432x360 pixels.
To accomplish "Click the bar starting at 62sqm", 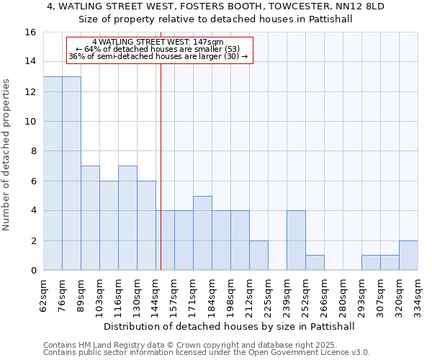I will [x=53, y=174].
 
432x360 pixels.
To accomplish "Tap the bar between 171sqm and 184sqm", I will [x=202, y=233].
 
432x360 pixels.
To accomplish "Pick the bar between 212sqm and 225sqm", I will [x=258, y=256].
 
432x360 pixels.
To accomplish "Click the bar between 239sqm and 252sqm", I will [x=296, y=240].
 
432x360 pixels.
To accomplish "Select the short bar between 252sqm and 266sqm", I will [x=315, y=263].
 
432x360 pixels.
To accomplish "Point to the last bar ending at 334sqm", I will [x=408, y=256].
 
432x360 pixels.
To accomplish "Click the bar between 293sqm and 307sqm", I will [x=371, y=263].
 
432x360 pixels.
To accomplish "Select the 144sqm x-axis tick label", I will [x=156, y=294].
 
